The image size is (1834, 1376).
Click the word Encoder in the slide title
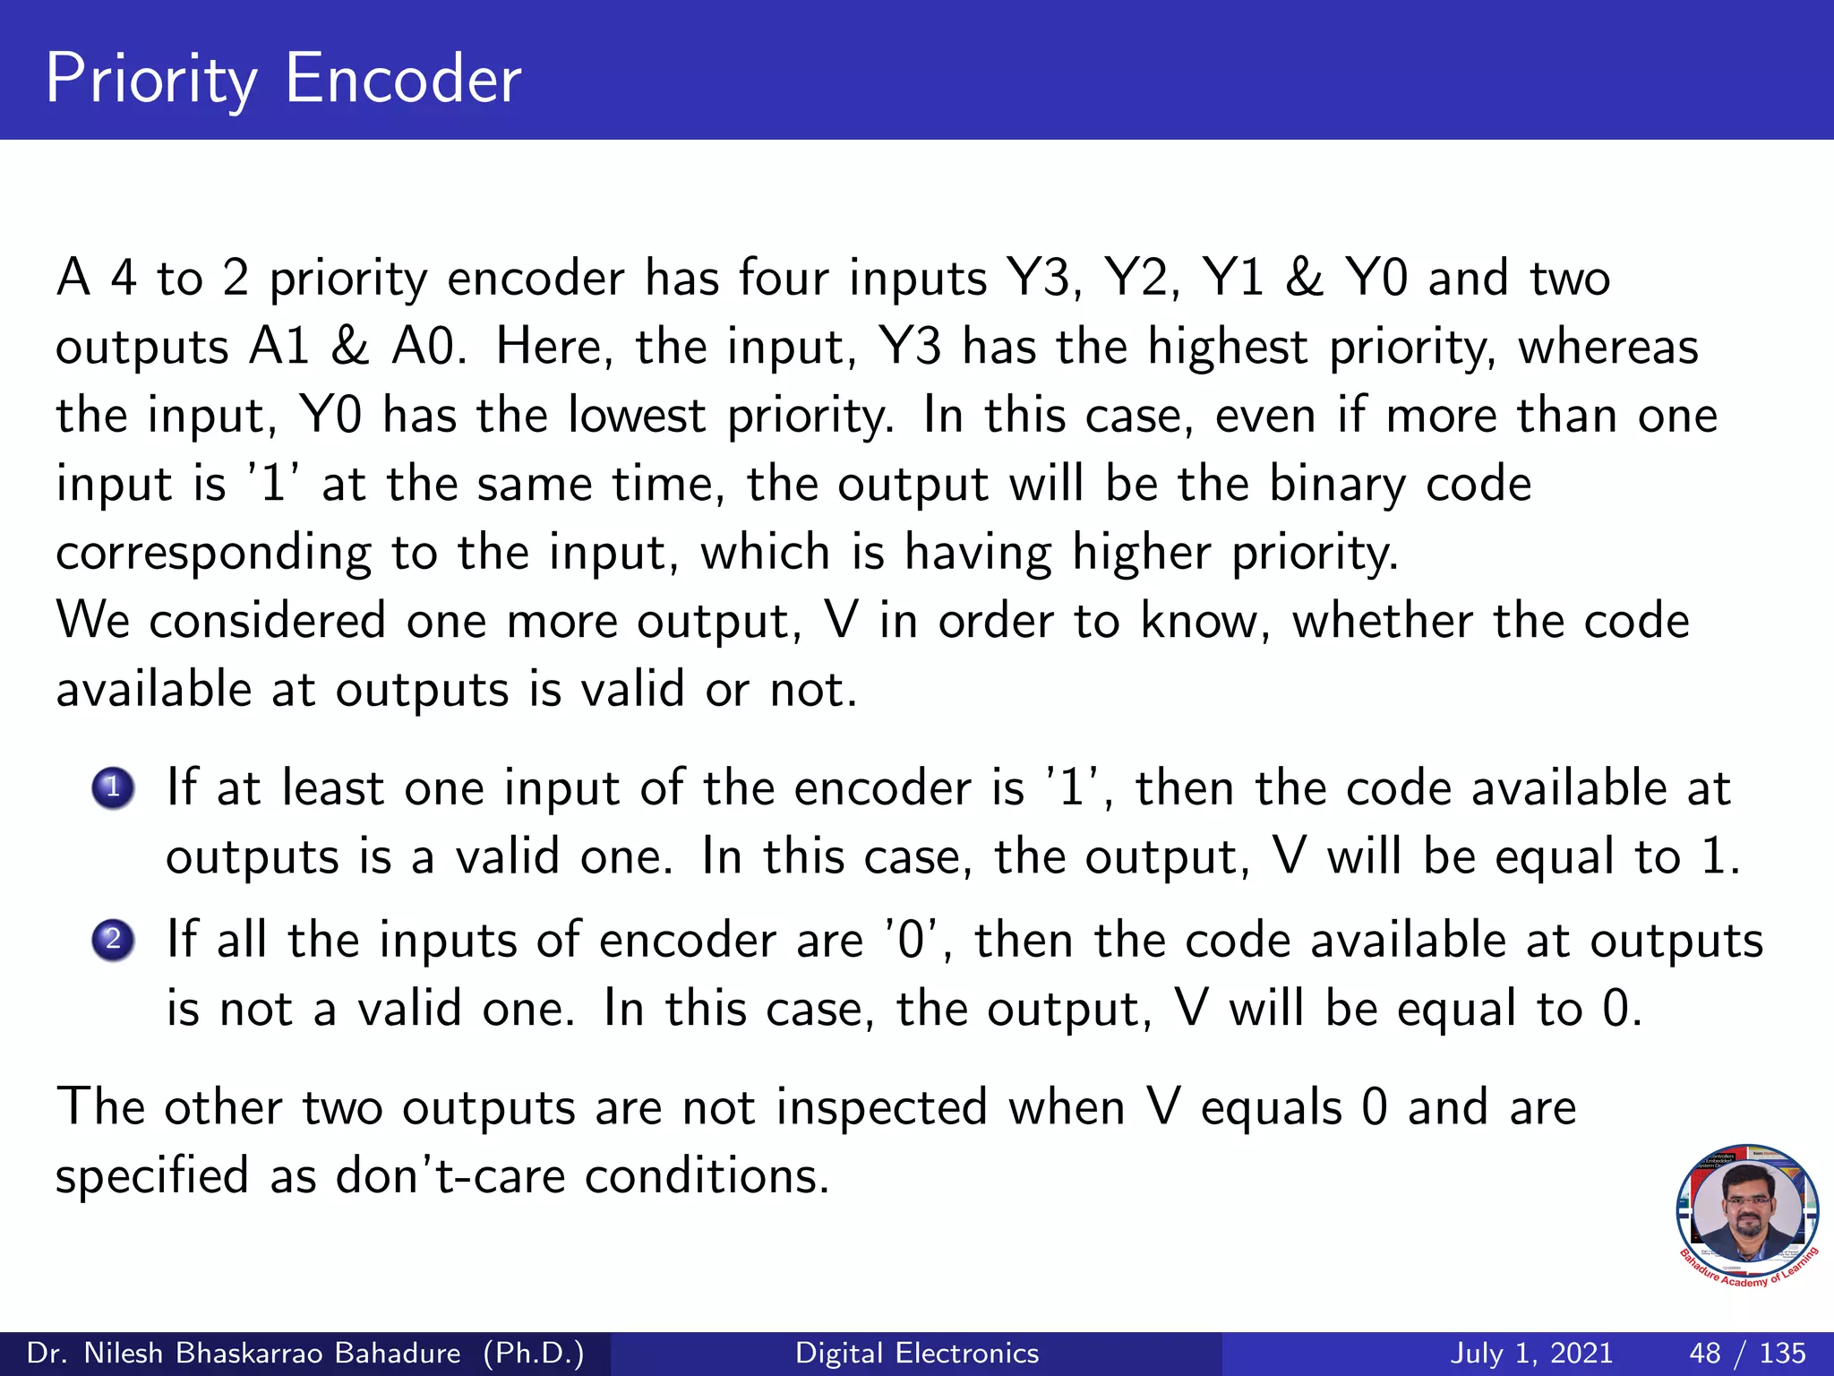tap(402, 79)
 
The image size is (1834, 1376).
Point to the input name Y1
tap(1232, 278)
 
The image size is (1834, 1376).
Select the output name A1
tap(279, 347)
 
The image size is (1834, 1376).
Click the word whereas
tap(1607, 347)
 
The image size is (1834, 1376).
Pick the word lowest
tap(637, 416)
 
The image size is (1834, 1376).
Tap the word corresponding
tap(213, 554)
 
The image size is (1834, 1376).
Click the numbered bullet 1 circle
tap(113, 789)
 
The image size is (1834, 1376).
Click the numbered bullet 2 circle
tap(113, 941)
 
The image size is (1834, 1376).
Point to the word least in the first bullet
tap(332, 788)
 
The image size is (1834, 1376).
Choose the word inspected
tap(881, 1107)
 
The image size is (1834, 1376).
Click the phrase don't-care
tap(450, 1175)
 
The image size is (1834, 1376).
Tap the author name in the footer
tap(304, 1353)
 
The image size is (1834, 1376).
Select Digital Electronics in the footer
tap(917, 1353)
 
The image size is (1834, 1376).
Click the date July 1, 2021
tap(1531, 1353)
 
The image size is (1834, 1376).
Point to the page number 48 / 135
tap(1746, 1353)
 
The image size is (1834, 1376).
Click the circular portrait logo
tap(1746, 1214)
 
